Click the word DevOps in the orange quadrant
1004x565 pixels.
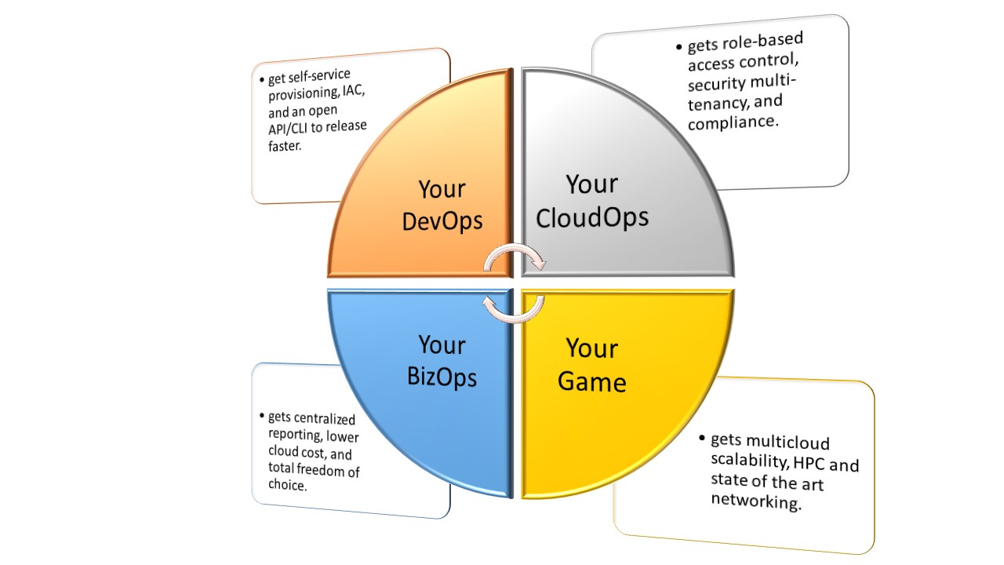tap(442, 221)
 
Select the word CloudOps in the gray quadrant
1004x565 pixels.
tap(592, 218)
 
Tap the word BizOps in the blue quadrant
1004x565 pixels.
tap(442, 377)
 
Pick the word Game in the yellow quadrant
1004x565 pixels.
tap(591, 382)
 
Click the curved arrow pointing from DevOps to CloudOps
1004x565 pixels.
tap(515, 247)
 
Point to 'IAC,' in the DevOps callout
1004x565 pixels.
tap(354, 91)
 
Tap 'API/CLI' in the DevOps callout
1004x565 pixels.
tap(288, 129)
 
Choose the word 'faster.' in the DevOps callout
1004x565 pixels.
tap(285, 146)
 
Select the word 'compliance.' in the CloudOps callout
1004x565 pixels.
tap(733, 122)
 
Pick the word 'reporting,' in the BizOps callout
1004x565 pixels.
tap(295, 435)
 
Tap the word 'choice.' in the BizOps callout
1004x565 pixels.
tap(288, 485)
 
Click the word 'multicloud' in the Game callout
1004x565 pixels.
tap(788, 443)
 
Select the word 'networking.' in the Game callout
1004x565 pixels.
tap(756, 501)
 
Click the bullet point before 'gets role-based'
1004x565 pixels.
tap(679, 46)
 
